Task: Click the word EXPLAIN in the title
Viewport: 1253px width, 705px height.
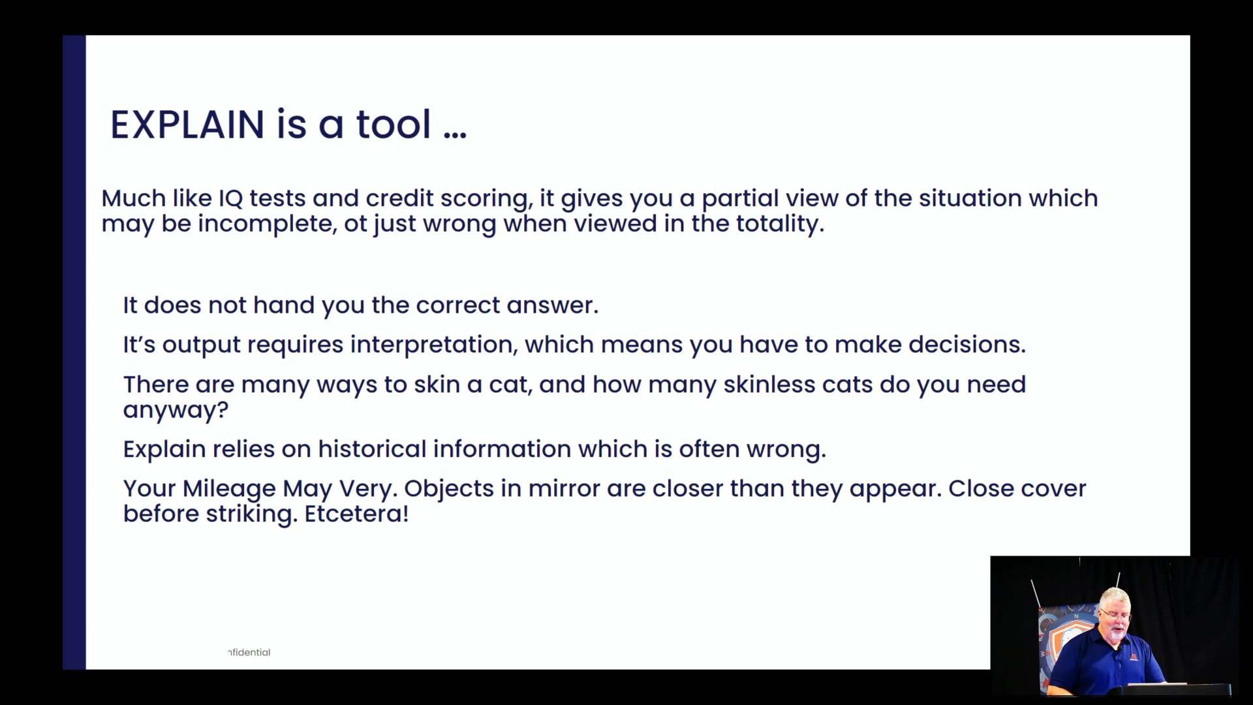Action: pos(187,125)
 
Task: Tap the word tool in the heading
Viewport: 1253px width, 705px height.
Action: pos(394,124)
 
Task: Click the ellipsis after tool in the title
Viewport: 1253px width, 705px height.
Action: pos(455,134)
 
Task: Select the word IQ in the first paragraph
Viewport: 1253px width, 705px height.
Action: pos(230,198)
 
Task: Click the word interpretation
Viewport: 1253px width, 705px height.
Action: pos(434,345)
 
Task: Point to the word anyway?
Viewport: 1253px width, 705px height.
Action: pos(176,411)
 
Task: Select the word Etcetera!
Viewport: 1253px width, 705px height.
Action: pos(356,514)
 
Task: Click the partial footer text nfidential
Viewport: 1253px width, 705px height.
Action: pos(249,652)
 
